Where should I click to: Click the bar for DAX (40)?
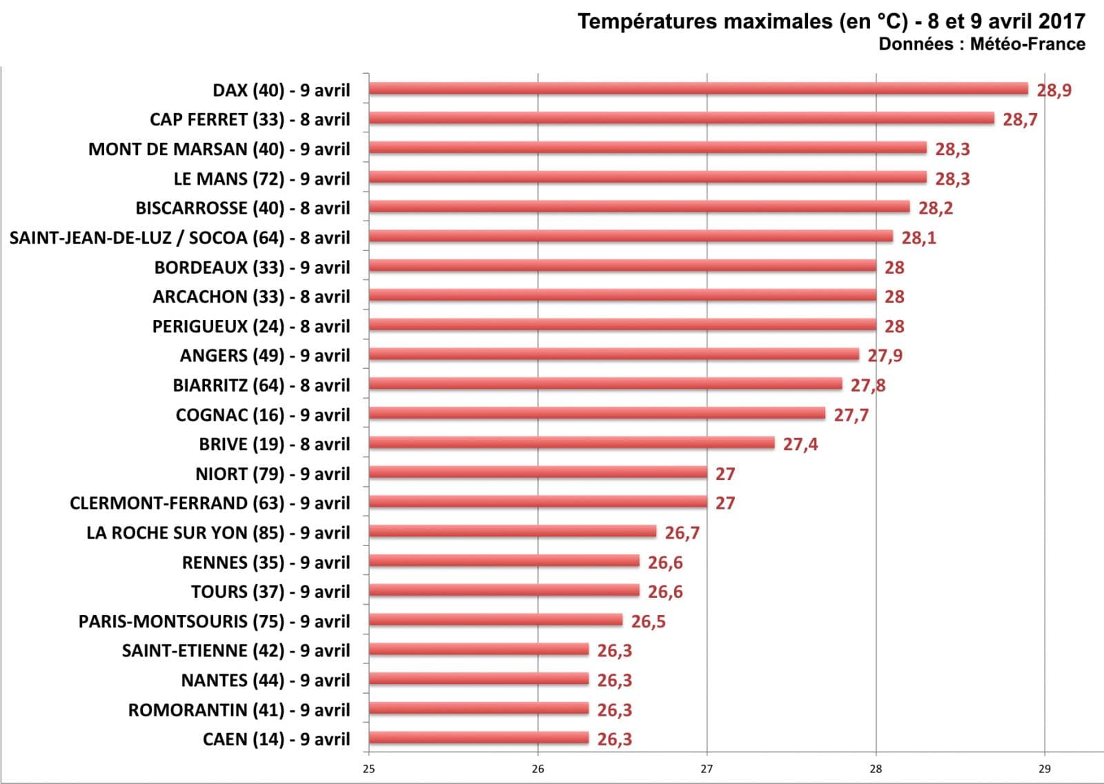698,89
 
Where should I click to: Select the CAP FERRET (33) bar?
682,119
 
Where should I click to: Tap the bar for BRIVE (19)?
571,443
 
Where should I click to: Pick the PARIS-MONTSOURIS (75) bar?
495,621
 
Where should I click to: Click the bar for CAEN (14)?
479,738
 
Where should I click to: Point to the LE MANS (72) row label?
262,179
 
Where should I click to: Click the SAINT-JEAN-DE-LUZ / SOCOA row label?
179,238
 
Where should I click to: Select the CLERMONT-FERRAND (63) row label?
210,503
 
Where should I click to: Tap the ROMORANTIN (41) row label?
239,710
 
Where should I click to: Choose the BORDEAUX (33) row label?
252,268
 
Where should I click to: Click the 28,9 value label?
1054,90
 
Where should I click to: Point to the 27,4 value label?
800,445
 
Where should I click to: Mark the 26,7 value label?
682,533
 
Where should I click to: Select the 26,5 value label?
649,622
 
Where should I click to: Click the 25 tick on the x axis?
368,769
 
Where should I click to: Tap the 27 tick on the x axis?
707,769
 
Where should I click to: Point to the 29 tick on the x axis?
1044,769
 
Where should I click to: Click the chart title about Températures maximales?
831,21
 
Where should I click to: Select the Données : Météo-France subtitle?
981,44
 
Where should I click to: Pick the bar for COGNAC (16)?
597,414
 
